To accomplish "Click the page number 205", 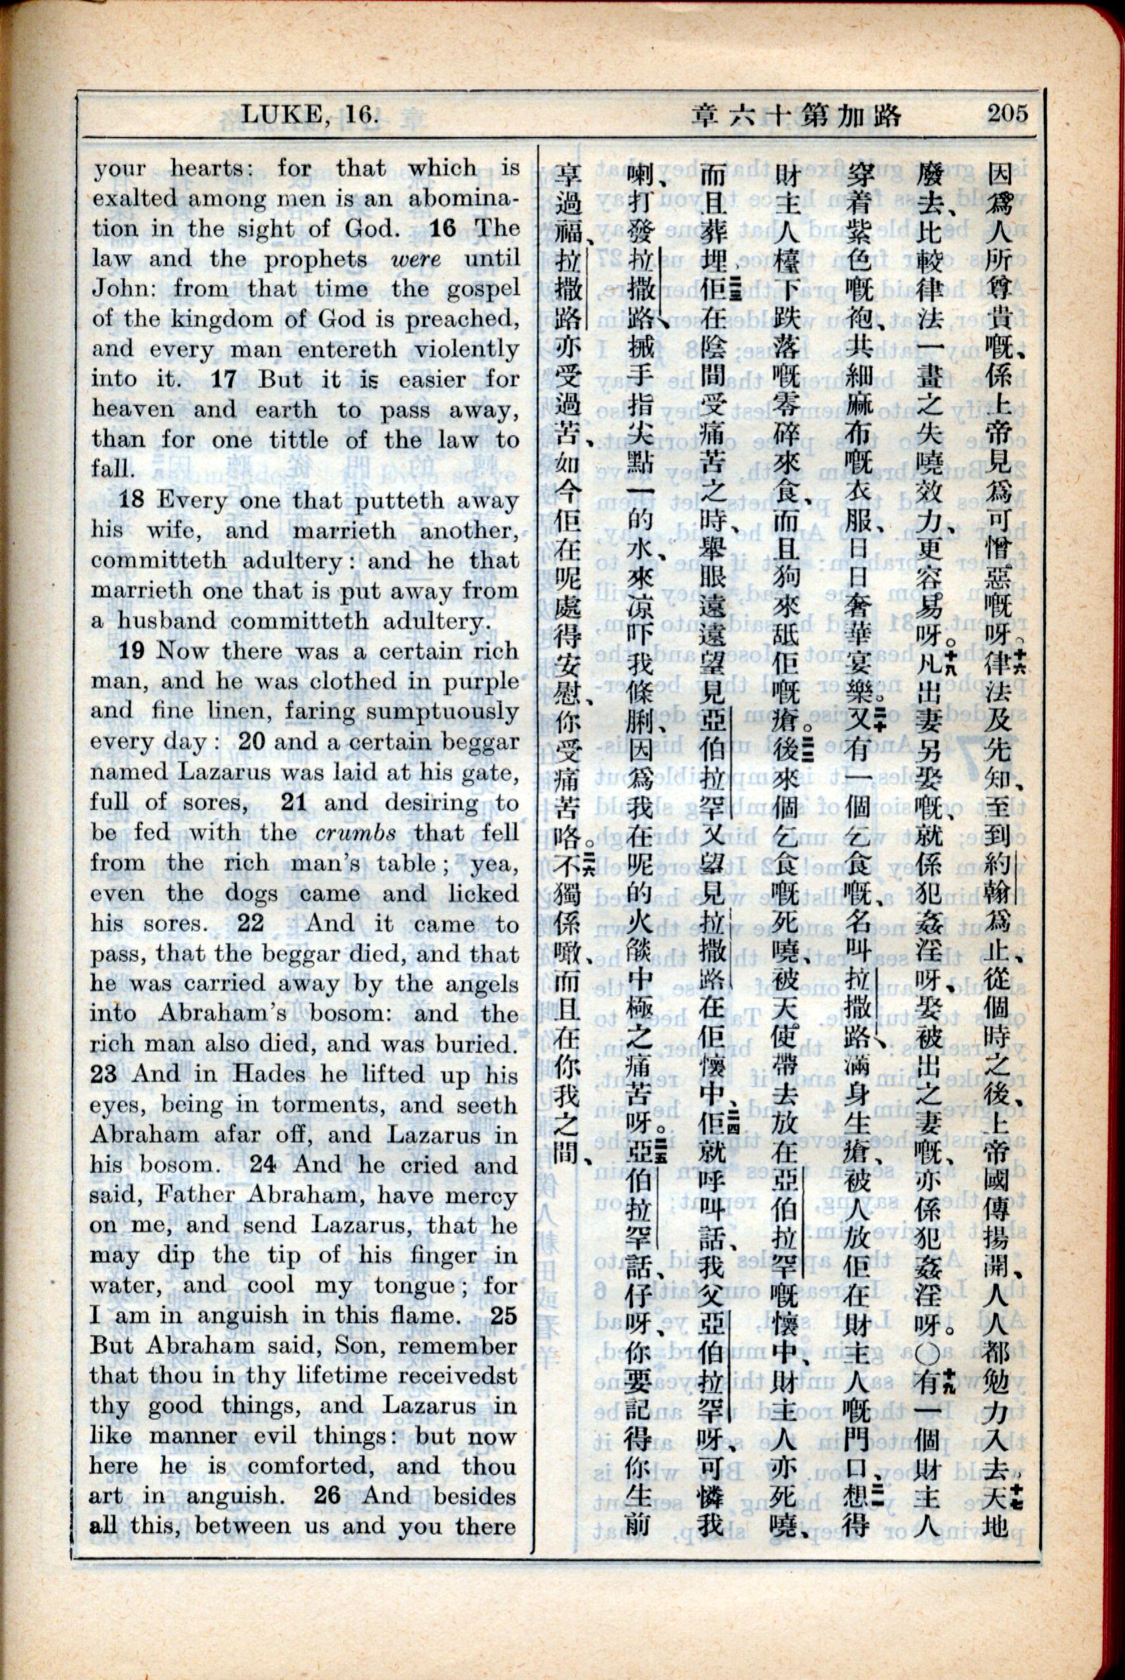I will click(1008, 113).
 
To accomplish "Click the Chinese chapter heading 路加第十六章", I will click(794, 114).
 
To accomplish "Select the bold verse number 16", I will click(443, 228).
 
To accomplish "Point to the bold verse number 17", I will click(224, 379).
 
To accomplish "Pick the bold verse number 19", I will click(132, 651).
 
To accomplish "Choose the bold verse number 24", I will click(263, 1165).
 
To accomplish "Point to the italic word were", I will click(417, 259).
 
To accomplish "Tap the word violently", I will click(466, 348).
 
